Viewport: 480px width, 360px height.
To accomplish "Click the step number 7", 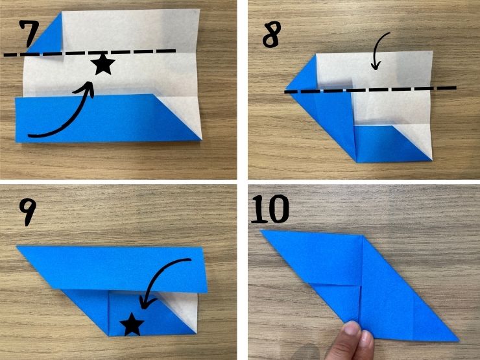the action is click(x=29, y=34).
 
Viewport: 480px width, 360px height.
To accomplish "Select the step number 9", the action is click(x=27, y=212).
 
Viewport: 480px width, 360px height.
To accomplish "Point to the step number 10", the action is click(x=270, y=208).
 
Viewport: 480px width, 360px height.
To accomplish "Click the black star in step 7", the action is click(x=103, y=64).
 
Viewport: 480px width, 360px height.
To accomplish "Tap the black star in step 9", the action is click(x=132, y=324).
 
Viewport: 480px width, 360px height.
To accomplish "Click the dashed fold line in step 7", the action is click(x=90, y=53).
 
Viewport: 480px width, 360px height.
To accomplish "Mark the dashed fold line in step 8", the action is click(x=370, y=90).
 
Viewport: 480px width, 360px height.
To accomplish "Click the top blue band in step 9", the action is click(x=116, y=268).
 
